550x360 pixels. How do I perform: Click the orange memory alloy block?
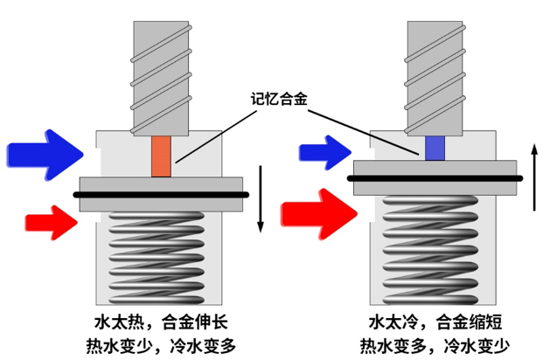point(161,156)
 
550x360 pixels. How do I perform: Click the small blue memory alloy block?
point(435,148)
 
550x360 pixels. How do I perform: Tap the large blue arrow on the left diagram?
point(44,151)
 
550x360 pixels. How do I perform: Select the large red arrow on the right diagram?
point(317,211)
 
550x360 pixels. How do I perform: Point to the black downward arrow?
point(261,198)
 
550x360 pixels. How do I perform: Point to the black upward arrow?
point(534,178)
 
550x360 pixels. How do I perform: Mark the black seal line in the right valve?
point(435,178)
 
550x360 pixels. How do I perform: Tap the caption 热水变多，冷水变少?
point(435,344)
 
